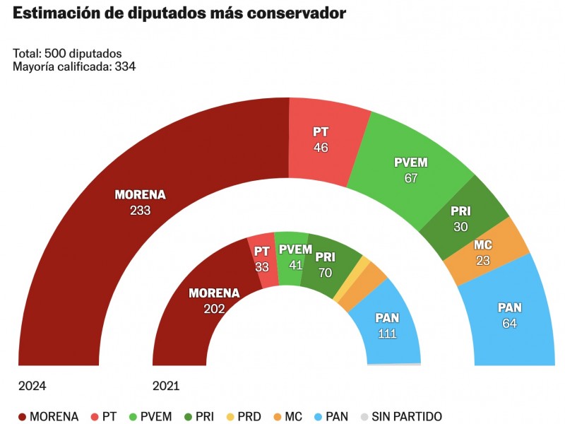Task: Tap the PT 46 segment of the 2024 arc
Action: pyautogui.click(x=322, y=140)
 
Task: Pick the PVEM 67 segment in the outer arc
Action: pyautogui.click(x=411, y=170)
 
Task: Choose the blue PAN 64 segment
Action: pyautogui.click(x=509, y=314)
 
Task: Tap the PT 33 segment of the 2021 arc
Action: pyautogui.click(x=263, y=259)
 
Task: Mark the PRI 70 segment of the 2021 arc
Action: pyautogui.click(x=326, y=263)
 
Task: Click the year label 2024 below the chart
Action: pyautogui.click(x=32, y=386)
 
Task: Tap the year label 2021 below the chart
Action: pyautogui.click(x=166, y=386)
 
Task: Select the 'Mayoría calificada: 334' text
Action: pyautogui.click(x=74, y=66)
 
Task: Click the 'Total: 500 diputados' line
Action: pyautogui.click(x=68, y=54)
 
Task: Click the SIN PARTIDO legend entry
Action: pyautogui.click(x=400, y=416)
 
